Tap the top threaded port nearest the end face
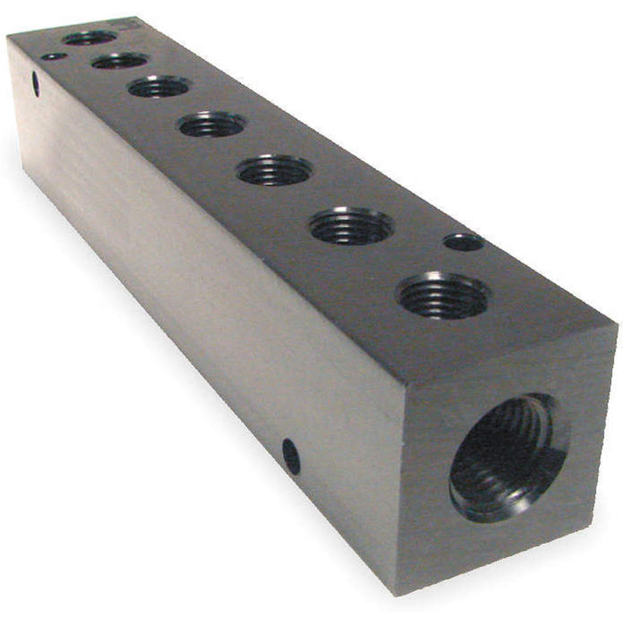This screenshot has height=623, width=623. point(443,295)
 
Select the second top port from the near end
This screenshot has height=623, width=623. point(351,226)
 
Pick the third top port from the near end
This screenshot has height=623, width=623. point(275,170)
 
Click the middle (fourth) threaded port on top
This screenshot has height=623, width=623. point(212,125)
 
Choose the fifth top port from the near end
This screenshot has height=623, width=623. point(159,87)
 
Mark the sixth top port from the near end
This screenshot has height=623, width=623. point(120,61)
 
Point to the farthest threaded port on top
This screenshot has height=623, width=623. point(90,38)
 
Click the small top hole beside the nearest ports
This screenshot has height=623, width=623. point(464,242)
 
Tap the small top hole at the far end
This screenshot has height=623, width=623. point(54,57)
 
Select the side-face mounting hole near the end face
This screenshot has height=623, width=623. point(291,456)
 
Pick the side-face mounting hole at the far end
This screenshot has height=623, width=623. point(36,84)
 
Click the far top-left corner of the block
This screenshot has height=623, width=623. point(7,37)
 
